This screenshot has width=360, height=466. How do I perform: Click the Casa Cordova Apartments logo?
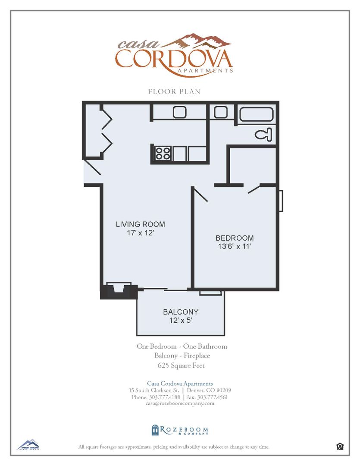(174, 55)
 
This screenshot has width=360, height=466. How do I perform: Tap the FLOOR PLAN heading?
(174, 91)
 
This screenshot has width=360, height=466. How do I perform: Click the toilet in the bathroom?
(264, 135)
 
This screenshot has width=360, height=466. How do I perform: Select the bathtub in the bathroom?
(256, 115)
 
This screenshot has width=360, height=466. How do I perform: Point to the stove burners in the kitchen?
(163, 153)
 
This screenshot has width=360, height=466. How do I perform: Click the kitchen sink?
(180, 112)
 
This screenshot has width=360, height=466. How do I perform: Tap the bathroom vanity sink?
(221, 112)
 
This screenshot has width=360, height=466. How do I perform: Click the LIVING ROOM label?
(141, 224)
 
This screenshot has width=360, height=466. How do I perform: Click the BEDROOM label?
(235, 238)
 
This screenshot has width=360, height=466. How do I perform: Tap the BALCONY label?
(181, 312)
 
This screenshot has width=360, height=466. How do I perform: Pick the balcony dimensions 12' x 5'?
(181, 321)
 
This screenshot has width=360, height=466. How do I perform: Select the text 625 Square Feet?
(181, 365)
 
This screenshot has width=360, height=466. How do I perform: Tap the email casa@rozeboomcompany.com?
(180, 403)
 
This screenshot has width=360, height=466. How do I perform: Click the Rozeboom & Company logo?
(180, 430)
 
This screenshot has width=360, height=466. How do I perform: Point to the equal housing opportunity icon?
(340, 447)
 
